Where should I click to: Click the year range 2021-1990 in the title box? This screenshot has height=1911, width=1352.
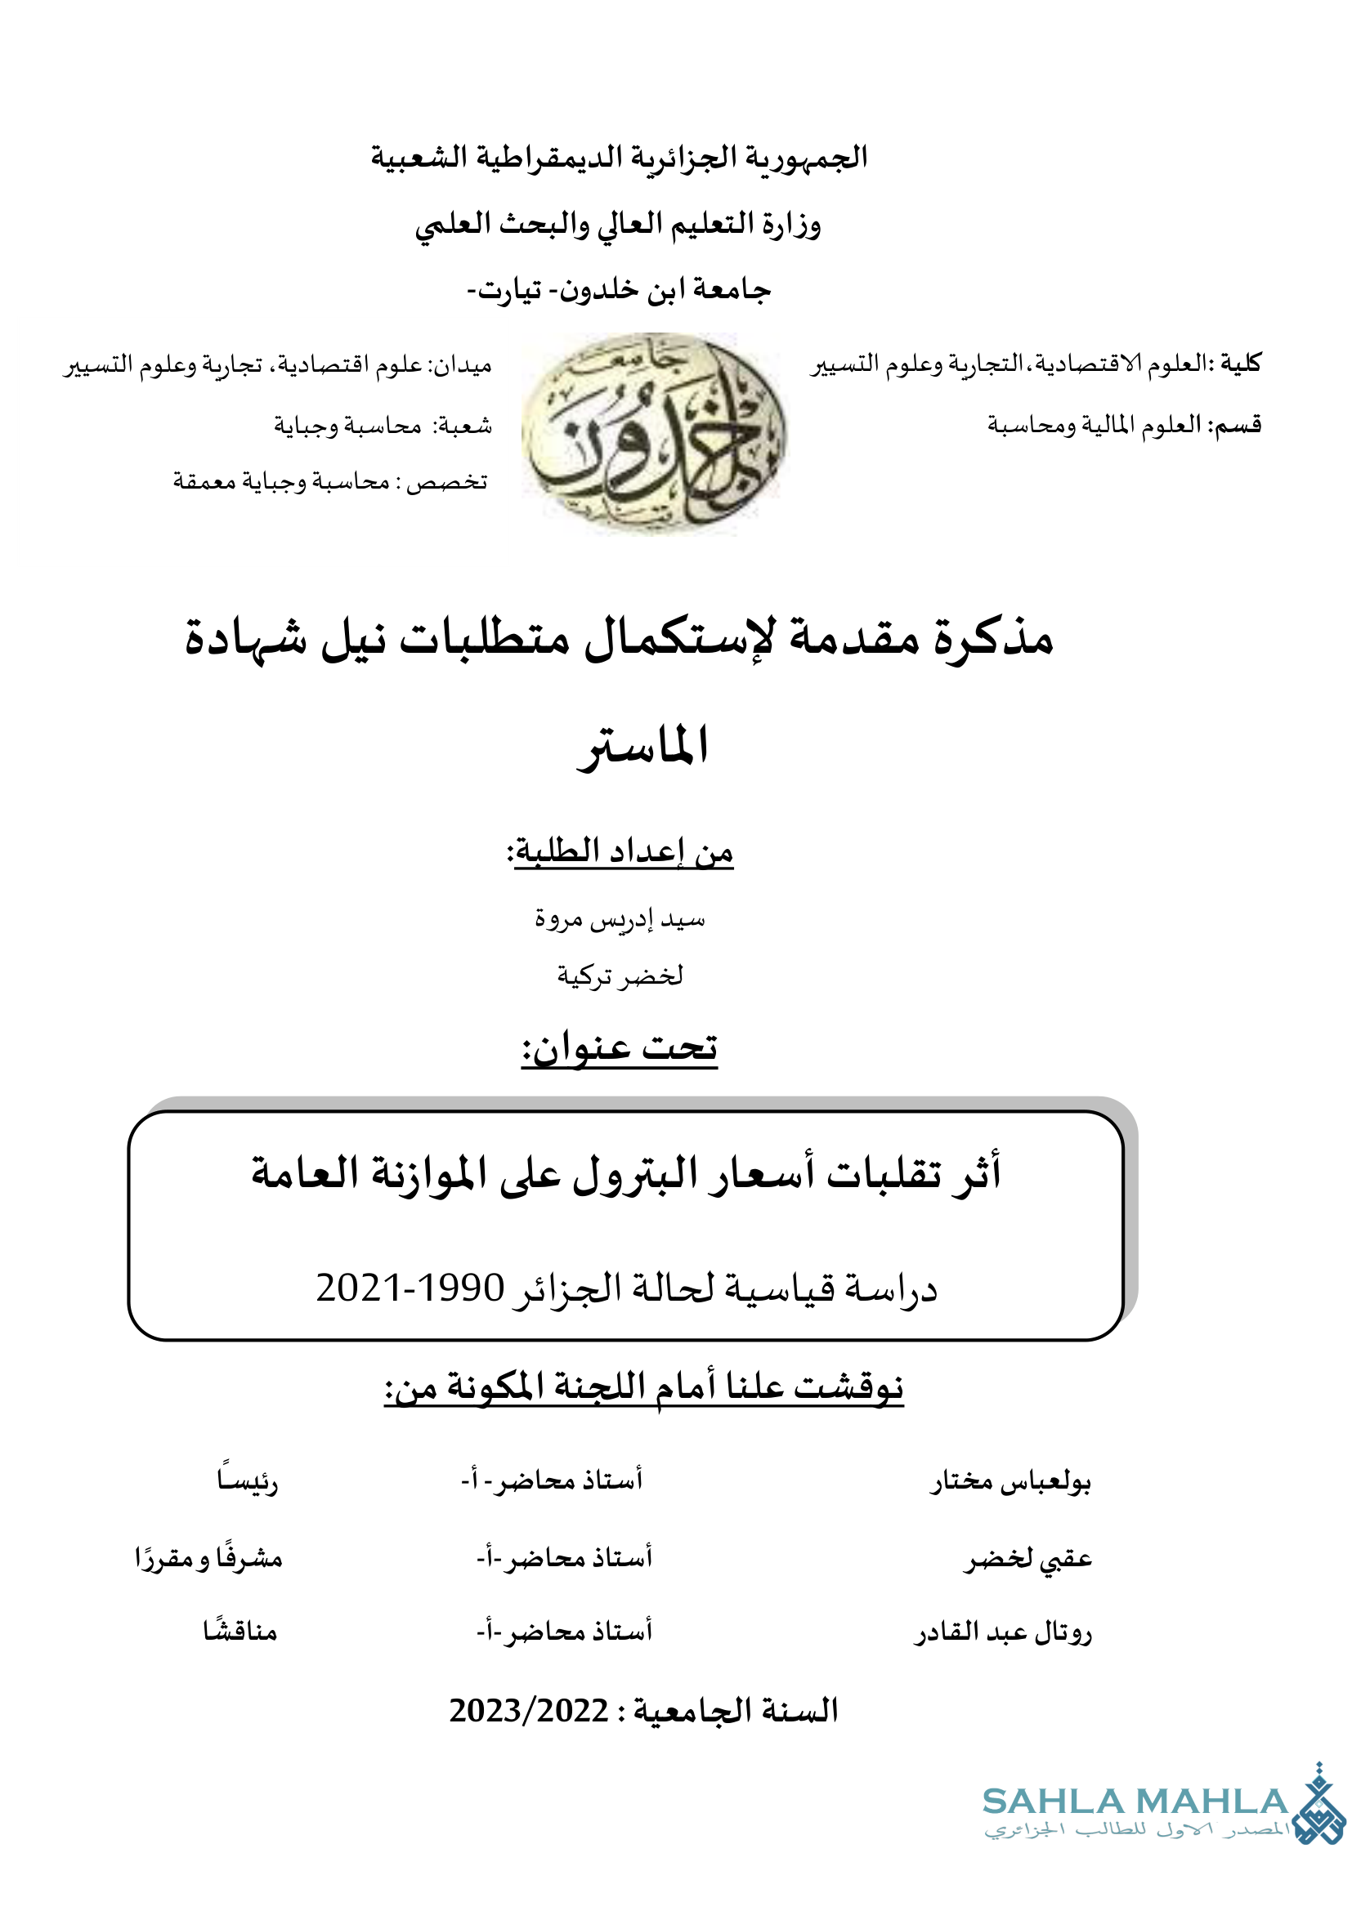(x=410, y=1288)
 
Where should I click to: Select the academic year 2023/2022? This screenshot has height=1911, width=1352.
(x=529, y=1710)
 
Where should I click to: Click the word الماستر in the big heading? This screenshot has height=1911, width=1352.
(x=642, y=746)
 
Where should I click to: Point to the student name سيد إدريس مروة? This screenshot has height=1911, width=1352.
(x=620, y=919)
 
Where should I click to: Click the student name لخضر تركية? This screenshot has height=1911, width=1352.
(x=620, y=975)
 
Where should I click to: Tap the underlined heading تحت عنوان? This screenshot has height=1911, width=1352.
(x=620, y=1047)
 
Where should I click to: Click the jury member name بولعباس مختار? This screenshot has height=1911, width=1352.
(x=1010, y=1482)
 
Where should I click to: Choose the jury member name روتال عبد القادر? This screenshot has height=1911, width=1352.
(x=1003, y=1632)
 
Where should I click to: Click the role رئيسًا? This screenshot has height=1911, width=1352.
(x=247, y=1481)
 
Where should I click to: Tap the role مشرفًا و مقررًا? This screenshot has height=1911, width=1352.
(x=209, y=1557)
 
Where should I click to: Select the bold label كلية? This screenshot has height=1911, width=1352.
(x=1242, y=363)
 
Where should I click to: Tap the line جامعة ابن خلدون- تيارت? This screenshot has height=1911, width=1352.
(x=620, y=290)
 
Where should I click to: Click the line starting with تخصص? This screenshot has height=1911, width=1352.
(x=330, y=481)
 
